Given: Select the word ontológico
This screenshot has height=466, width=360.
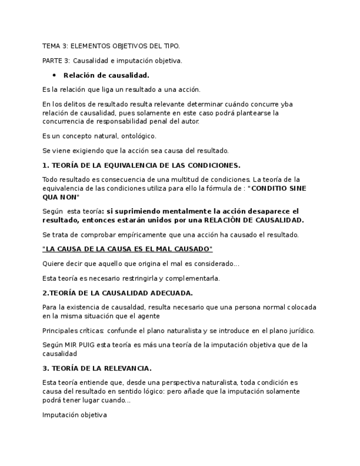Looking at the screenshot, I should coord(139,136).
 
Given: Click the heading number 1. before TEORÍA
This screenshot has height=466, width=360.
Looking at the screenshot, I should coord(46,165).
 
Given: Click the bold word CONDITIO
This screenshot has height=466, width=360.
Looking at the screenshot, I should coord(268,188).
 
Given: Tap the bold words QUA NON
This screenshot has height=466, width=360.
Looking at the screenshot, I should coord(61,197).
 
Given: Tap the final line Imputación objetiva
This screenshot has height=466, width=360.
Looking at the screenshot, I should coord(74,415).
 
